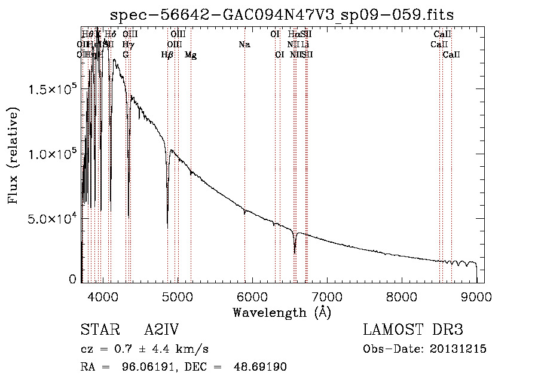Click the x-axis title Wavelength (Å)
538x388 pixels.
282,312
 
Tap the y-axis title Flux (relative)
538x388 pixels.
13,155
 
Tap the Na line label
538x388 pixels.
244,44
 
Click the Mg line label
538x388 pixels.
191,55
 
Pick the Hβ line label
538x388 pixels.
167,55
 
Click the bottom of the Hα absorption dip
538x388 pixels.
295,252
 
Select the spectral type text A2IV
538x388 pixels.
161,330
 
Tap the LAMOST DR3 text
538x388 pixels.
413,330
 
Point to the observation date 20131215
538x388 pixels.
457,349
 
